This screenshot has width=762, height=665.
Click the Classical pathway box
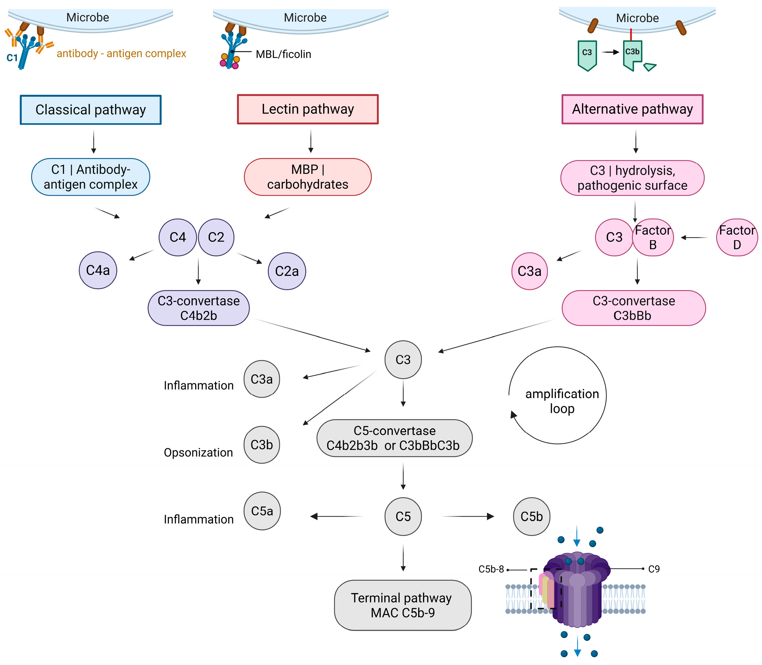(x=91, y=110)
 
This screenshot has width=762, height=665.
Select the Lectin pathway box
(x=308, y=109)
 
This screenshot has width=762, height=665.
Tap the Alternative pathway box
(x=632, y=109)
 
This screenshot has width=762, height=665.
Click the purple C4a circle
(x=98, y=270)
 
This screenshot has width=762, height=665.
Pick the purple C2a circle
(x=287, y=271)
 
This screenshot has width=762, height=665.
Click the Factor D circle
(x=737, y=237)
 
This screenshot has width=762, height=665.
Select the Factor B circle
(x=653, y=237)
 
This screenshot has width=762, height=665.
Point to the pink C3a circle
(x=529, y=271)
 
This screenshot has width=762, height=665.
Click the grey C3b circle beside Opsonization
(x=261, y=445)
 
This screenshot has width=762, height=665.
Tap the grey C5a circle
(x=262, y=511)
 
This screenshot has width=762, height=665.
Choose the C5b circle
(x=531, y=516)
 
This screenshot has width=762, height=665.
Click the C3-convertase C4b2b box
(x=198, y=308)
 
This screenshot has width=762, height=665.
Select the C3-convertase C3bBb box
(x=633, y=308)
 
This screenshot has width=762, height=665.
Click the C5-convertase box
(x=394, y=438)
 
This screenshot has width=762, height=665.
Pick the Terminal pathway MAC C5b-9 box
(x=402, y=605)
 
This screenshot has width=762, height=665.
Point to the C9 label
(x=654, y=569)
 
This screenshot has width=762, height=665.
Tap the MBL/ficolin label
(x=283, y=54)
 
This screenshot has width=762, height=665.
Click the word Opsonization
(x=198, y=452)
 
